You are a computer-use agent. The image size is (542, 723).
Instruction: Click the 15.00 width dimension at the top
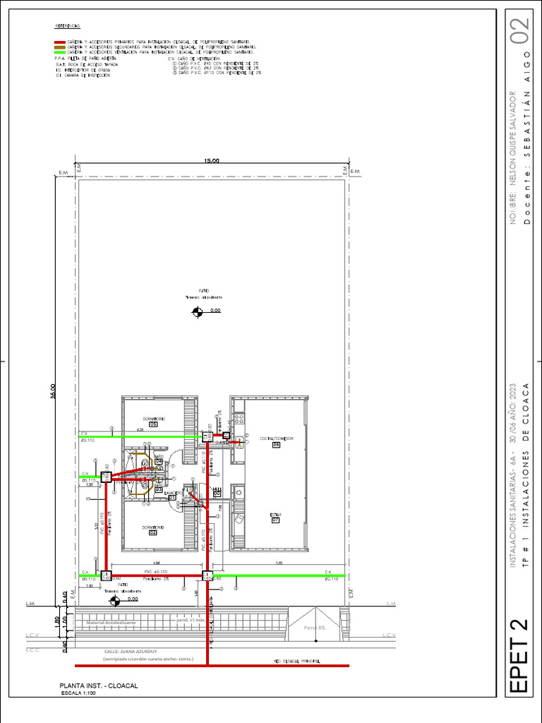click(212, 162)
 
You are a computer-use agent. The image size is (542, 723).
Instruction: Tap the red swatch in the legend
click(60, 42)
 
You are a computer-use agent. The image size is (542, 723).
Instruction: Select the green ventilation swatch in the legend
click(60, 53)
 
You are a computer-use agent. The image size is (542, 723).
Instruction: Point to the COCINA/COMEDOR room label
click(276, 438)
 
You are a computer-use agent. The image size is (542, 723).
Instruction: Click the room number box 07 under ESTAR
click(276, 521)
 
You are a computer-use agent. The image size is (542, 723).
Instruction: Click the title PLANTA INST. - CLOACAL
click(98, 686)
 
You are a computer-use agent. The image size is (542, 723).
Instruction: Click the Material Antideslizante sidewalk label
click(111, 623)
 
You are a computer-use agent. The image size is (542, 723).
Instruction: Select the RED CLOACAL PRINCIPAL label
click(296, 661)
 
